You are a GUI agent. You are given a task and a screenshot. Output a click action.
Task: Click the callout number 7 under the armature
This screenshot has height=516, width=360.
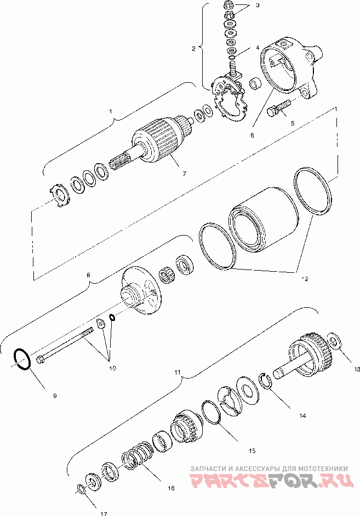tap(184, 174)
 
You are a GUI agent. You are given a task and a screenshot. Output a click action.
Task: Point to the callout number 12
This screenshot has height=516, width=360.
tap(305, 278)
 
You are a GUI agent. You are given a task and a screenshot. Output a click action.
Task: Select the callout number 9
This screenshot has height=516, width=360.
tap(54, 395)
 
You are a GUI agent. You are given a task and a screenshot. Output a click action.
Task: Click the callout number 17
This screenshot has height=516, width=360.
tap(104, 513)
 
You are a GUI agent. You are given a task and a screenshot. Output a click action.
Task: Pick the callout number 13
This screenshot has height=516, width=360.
tap(357, 369)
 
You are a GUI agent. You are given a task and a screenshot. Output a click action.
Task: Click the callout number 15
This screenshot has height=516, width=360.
tap(252, 451)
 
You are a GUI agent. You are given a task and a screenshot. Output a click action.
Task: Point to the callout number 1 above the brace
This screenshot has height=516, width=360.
tap(111, 112)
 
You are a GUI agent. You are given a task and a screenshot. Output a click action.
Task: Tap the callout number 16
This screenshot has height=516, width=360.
tap(171, 488)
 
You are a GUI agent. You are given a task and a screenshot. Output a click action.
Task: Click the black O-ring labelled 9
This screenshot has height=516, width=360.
tap(21, 359)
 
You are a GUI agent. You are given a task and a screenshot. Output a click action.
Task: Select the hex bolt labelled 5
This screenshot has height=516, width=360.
tap(276, 111)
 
